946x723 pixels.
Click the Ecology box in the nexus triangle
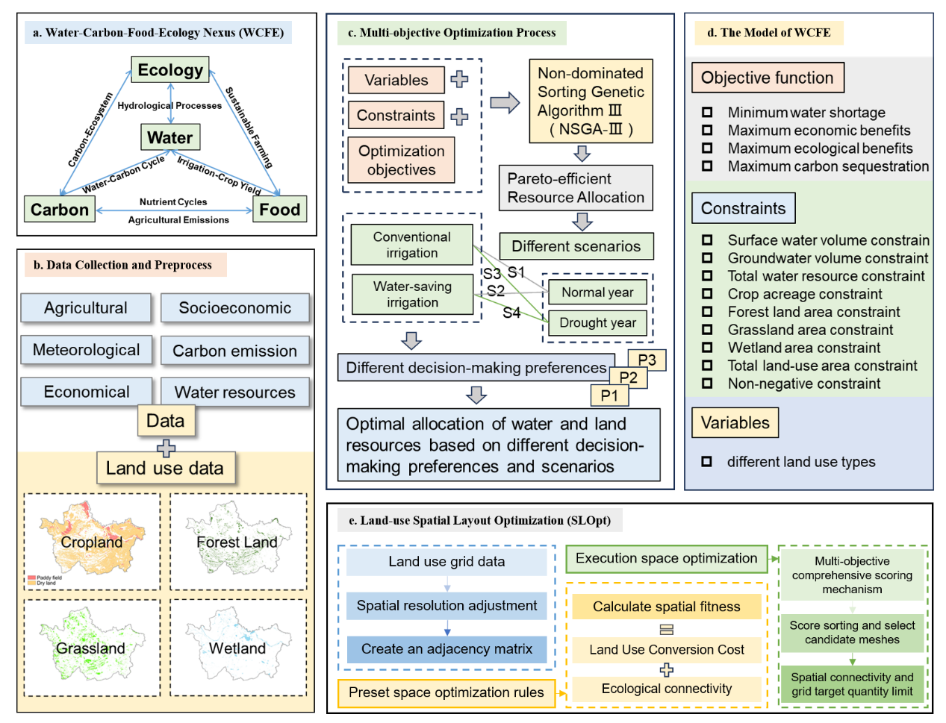coord(170,70)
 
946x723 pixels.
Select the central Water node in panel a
coord(170,137)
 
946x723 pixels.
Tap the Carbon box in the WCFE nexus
coord(60,210)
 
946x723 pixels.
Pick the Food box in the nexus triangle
coord(279,210)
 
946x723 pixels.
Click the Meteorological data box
coord(86,350)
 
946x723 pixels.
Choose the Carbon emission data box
coord(234,351)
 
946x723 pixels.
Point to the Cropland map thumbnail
coord(92,542)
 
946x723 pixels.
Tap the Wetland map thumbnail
coord(238,648)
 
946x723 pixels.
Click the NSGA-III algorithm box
coord(591,101)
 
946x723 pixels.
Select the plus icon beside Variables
coord(459,79)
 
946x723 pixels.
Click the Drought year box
coord(597,322)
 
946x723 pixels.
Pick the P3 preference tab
coord(647,360)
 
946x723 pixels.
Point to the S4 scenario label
coord(511,313)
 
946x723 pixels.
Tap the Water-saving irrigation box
coord(412,294)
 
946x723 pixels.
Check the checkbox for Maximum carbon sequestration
coord(707,166)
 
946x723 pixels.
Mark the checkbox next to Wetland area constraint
coord(707,348)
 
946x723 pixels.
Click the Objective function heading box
coord(767,78)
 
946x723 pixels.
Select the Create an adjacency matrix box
coord(446,649)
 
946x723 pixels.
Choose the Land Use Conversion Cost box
coord(666,650)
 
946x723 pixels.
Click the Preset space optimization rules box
coord(446,692)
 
